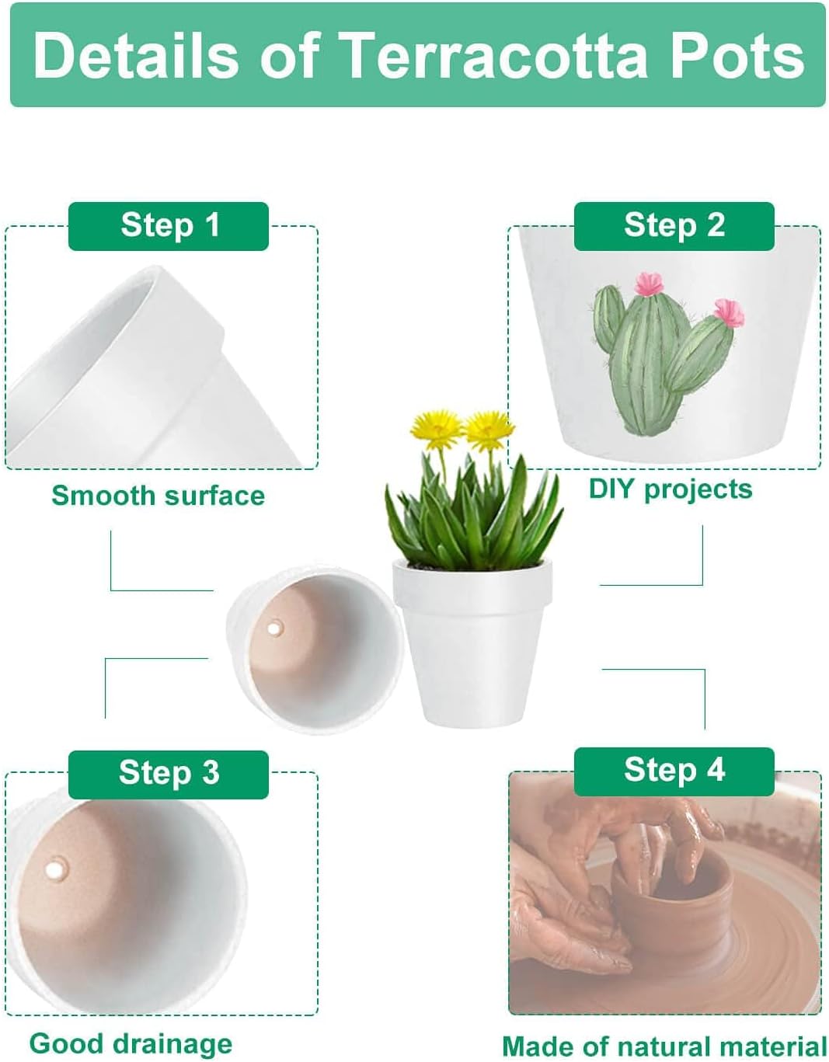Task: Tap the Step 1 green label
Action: point(169,226)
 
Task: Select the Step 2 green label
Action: point(674,226)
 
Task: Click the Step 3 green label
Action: point(169,774)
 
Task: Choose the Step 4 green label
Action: point(674,771)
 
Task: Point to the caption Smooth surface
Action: point(158,496)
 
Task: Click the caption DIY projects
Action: point(670,489)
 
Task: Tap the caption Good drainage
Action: point(131,1043)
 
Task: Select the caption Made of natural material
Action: point(664,1046)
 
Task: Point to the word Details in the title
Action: point(136,56)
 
